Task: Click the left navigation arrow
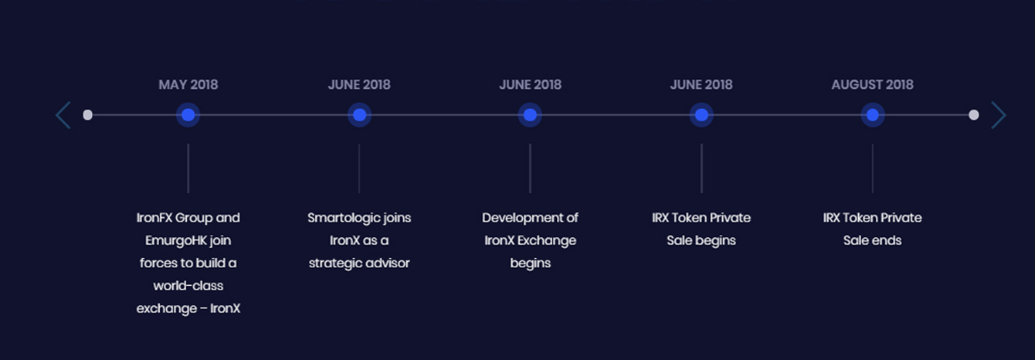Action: coord(63,115)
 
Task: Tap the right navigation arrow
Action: coord(999,115)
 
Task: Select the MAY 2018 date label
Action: coord(188,84)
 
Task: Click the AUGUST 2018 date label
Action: coord(872,84)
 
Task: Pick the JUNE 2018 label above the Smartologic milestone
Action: coord(359,84)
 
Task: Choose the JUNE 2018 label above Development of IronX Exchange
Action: coord(530,84)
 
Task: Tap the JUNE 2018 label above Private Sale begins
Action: coord(701,84)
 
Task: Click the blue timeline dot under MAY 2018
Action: coord(188,115)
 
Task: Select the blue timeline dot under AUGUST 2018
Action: coord(872,115)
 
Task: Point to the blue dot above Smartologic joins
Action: coord(359,115)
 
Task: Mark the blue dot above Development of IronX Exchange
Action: coord(530,115)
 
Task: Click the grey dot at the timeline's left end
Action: coord(88,115)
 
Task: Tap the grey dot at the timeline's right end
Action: coord(973,115)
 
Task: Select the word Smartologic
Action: coord(341,218)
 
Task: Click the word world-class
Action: coord(188,286)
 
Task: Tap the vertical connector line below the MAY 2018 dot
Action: coord(188,168)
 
